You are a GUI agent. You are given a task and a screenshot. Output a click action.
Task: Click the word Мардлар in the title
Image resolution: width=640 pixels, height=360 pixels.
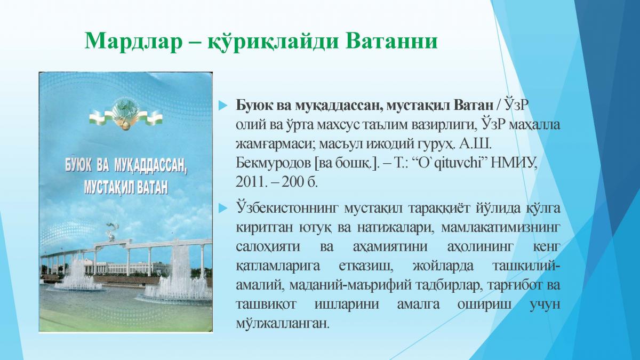[x=133, y=42]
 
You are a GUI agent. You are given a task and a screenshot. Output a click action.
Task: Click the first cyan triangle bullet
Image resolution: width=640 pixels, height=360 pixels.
[x=223, y=106]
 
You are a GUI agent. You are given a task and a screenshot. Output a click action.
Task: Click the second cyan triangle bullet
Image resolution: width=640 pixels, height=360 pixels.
[x=223, y=209]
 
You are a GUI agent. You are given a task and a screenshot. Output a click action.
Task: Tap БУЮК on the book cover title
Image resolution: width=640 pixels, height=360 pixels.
[x=78, y=165]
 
